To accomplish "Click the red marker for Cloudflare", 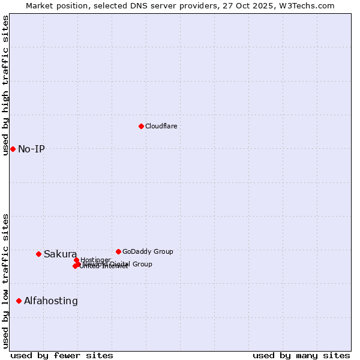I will tap(141, 126).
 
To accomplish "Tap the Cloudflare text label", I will tap(161, 126).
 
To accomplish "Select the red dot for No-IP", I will tap(13, 149).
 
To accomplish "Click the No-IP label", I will tap(31, 149).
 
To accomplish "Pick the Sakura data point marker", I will tap(38, 254).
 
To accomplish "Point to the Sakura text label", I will tap(60, 254).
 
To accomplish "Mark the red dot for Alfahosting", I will tap(19, 301).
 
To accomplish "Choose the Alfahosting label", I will tap(51, 301).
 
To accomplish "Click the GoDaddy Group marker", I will tap(118, 251).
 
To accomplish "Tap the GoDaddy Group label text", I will tap(148, 251).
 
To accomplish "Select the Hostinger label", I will tap(96, 260).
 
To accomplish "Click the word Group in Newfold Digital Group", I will tap(142, 264).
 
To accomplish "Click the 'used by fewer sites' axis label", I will tap(62, 355).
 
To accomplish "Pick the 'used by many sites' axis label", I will tap(301, 355).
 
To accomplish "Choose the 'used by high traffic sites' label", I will tap(5, 85).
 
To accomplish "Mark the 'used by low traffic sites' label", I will tap(5, 280).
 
